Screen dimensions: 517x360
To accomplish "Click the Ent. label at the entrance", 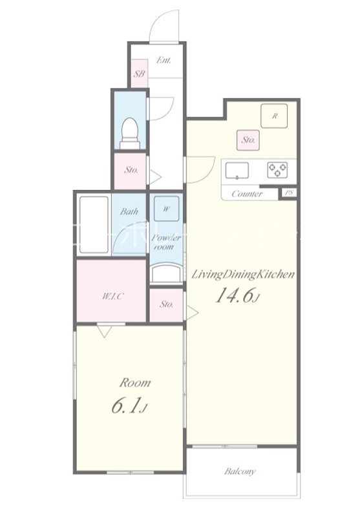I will tap(164, 61).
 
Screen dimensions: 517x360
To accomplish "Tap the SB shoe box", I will tap(139, 74).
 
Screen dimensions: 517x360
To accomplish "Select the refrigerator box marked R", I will tap(275, 116).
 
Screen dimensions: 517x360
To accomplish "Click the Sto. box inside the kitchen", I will tap(248, 139).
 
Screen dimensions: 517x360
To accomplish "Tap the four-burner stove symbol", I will tap(279, 170).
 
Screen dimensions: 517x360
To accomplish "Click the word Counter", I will tap(246, 194).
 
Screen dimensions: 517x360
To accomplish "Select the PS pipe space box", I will tap(288, 193).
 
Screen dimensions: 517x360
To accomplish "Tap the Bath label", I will tap(129, 211).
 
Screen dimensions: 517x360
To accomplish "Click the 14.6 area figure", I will tap(239, 296).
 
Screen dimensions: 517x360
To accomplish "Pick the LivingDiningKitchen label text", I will tap(243, 274).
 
